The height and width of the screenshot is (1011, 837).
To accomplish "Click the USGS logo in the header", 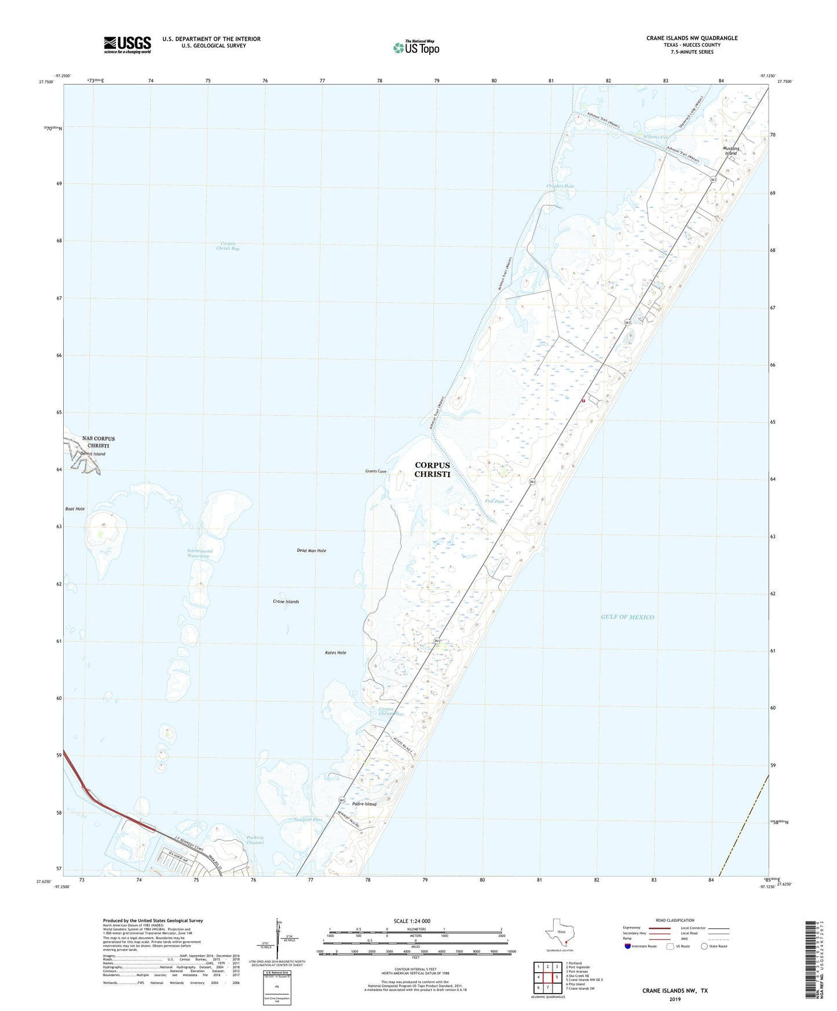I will click(127, 45).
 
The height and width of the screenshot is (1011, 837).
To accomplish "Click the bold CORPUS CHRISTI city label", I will click(432, 470).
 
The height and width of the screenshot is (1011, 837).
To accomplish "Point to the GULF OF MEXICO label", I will click(627, 617).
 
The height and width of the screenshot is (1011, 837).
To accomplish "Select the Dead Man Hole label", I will click(312, 551).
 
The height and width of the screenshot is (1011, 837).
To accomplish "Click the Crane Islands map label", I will click(286, 602).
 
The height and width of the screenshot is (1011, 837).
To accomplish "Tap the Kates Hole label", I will click(335, 653).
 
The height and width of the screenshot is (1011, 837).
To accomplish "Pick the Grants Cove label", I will click(375, 471).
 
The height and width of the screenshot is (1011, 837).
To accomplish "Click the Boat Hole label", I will click(75, 509).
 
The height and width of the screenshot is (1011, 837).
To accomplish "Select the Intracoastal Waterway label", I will click(200, 554).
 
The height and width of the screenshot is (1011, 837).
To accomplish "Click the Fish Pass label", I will click(495, 501).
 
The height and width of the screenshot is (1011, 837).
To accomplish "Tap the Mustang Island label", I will click(730, 151).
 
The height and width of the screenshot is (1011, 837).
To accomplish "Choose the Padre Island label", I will click(364, 804).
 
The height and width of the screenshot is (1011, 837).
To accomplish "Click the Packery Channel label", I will click(255, 840).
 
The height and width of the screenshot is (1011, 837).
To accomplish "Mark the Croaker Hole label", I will click(560, 186).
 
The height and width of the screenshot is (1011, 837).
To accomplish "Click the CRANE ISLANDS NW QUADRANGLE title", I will click(692, 38).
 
